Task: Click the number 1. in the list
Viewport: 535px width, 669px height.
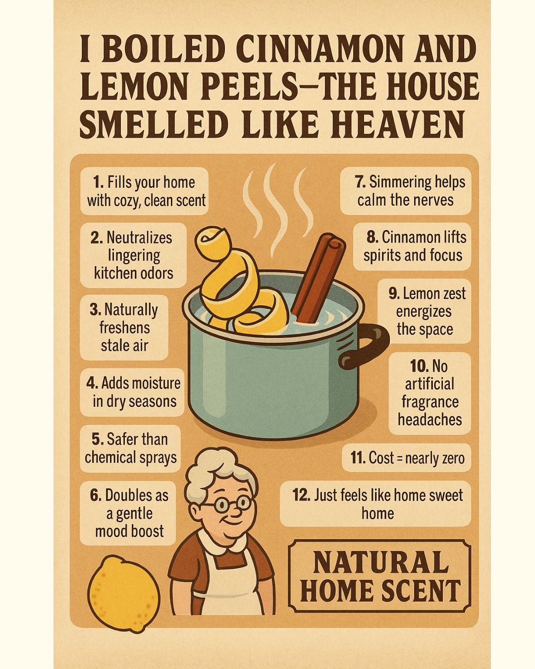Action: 98,182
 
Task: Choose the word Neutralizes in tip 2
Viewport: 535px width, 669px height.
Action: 139,238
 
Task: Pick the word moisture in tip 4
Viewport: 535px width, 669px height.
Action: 159,383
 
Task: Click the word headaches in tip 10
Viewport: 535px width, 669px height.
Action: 430,420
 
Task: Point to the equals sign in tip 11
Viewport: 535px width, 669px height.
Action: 399,458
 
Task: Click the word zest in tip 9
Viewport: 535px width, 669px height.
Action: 453,293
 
